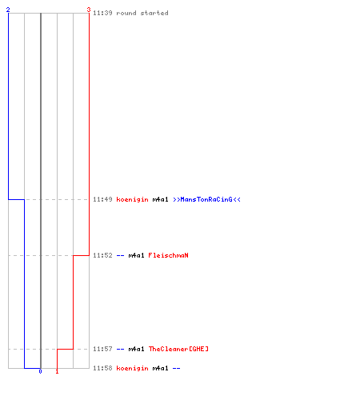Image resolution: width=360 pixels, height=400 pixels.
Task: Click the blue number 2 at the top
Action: click(x=8, y=10)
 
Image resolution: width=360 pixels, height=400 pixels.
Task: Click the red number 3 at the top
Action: click(x=89, y=10)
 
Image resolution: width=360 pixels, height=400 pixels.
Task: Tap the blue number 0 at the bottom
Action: click(x=40, y=371)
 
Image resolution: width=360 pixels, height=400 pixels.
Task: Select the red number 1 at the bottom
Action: click(x=57, y=371)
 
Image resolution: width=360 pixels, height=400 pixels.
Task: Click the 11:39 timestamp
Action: click(x=102, y=13)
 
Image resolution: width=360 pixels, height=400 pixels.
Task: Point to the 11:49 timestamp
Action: click(x=102, y=199)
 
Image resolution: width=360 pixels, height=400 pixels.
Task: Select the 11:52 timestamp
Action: click(x=102, y=255)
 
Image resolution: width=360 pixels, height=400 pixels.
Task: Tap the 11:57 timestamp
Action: click(x=102, y=349)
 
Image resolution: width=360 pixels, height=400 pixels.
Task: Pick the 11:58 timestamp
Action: click(x=102, y=368)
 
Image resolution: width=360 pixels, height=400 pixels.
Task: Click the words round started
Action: click(x=142, y=13)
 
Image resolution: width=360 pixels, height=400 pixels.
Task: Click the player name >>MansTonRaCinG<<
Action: click(x=206, y=199)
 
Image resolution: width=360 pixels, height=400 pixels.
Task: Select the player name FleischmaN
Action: click(x=168, y=255)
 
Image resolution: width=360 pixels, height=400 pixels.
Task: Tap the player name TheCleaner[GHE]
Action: click(x=178, y=349)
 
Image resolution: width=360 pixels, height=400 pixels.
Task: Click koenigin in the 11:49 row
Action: click(x=132, y=199)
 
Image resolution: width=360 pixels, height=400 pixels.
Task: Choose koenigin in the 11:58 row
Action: click(x=132, y=368)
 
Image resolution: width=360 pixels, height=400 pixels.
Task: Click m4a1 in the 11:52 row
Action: click(x=136, y=255)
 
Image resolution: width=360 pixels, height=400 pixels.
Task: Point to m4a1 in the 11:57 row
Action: click(x=136, y=349)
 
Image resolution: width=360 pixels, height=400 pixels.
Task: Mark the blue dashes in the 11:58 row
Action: click(x=177, y=368)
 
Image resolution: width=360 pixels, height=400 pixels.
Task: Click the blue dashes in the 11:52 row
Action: click(x=120, y=255)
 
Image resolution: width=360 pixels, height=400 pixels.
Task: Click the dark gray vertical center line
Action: click(x=41, y=190)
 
